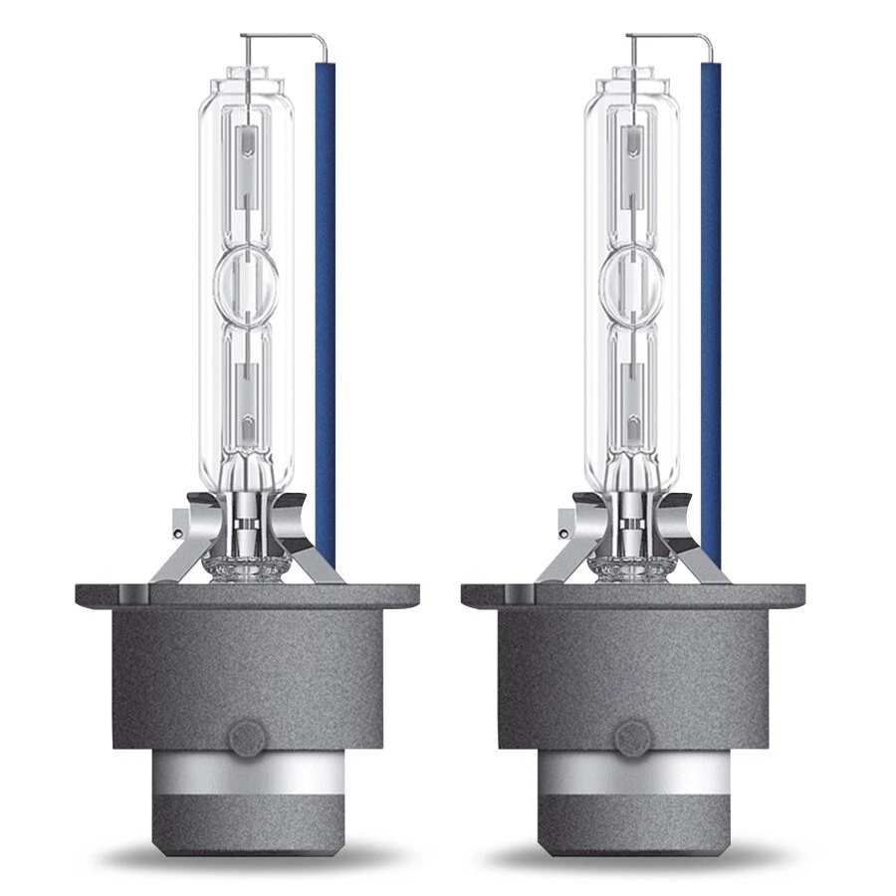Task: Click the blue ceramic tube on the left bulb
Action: click(326, 299)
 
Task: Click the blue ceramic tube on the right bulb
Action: click(711, 299)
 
